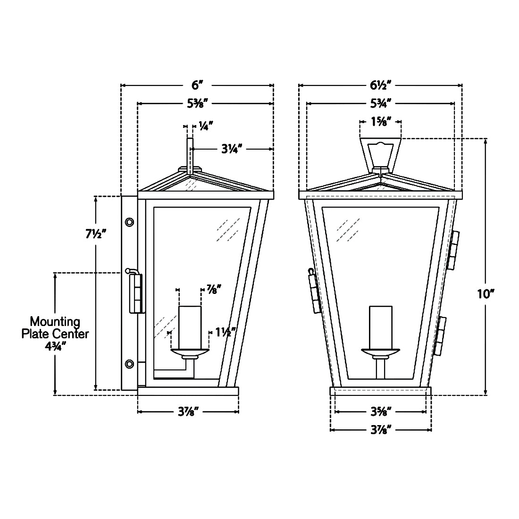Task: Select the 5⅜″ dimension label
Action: click(x=197, y=104)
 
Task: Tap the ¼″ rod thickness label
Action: click(x=206, y=126)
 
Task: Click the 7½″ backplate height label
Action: click(x=96, y=234)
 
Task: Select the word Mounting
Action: click(x=55, y=321)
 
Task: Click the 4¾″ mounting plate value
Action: click(x=55, y=346)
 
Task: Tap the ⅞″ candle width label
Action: click(x=214, y=289)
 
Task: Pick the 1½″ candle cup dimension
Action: click(x=226, y=332)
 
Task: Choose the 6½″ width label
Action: click(x=381, y=85)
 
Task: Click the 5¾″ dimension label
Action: click(x=381, y=104)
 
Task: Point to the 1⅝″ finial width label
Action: click(x=381, y=121)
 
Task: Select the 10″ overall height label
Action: click(x=486, y=293)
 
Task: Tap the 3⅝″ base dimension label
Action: click(x=381, y=412)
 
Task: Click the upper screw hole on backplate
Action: click(x=129, y=222)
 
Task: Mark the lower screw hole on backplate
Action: click(x=129, y=364)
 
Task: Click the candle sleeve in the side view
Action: click(x=190, y=327)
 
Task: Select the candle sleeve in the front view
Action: click(x=381, y=327)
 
